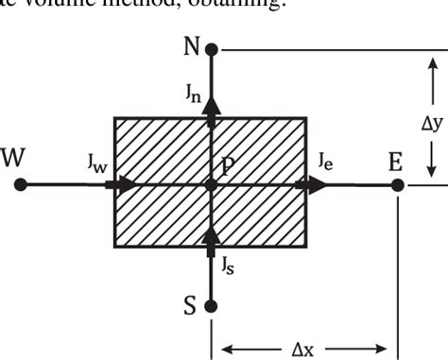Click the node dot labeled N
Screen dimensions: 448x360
[211, 48]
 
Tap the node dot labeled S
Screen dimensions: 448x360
[211, 306]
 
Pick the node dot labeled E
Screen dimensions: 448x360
[398, 184]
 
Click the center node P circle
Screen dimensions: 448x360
[211, 184]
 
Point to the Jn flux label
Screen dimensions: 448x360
[194, 92]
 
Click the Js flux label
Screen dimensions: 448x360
[228, 265]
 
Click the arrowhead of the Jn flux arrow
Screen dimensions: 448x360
[211, 106]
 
